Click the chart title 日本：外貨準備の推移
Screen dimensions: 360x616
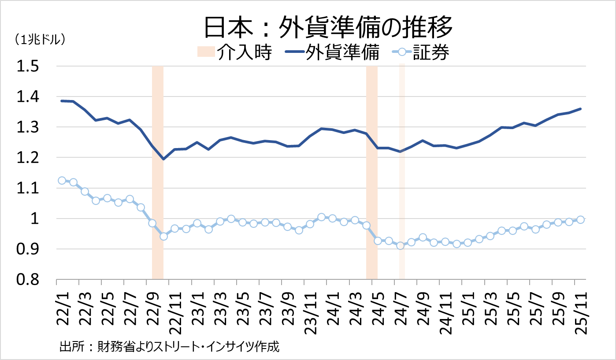[x=328, y=28]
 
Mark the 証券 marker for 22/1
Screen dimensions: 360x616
[x=62, y=180]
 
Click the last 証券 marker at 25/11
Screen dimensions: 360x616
[x=580, y=219]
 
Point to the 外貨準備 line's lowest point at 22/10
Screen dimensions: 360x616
[x=163, y=159]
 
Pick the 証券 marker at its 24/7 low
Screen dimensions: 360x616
[x=400, y=245]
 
